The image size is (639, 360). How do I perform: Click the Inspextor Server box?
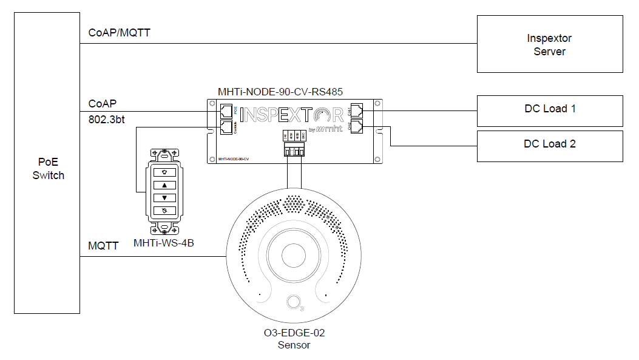(549, 44)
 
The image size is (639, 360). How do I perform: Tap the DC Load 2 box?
(549, 145)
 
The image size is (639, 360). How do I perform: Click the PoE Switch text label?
(48, 169)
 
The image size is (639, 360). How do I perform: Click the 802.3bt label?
(107, 120)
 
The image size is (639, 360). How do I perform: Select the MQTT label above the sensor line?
(104, 246)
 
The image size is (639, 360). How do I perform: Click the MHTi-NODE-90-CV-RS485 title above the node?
(280, 92)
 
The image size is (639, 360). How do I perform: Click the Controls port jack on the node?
(226, 127)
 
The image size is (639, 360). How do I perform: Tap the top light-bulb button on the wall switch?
(164, 172)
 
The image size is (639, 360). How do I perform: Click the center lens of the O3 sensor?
(294, 256)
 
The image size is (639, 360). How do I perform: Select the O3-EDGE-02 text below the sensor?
(294, 333)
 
